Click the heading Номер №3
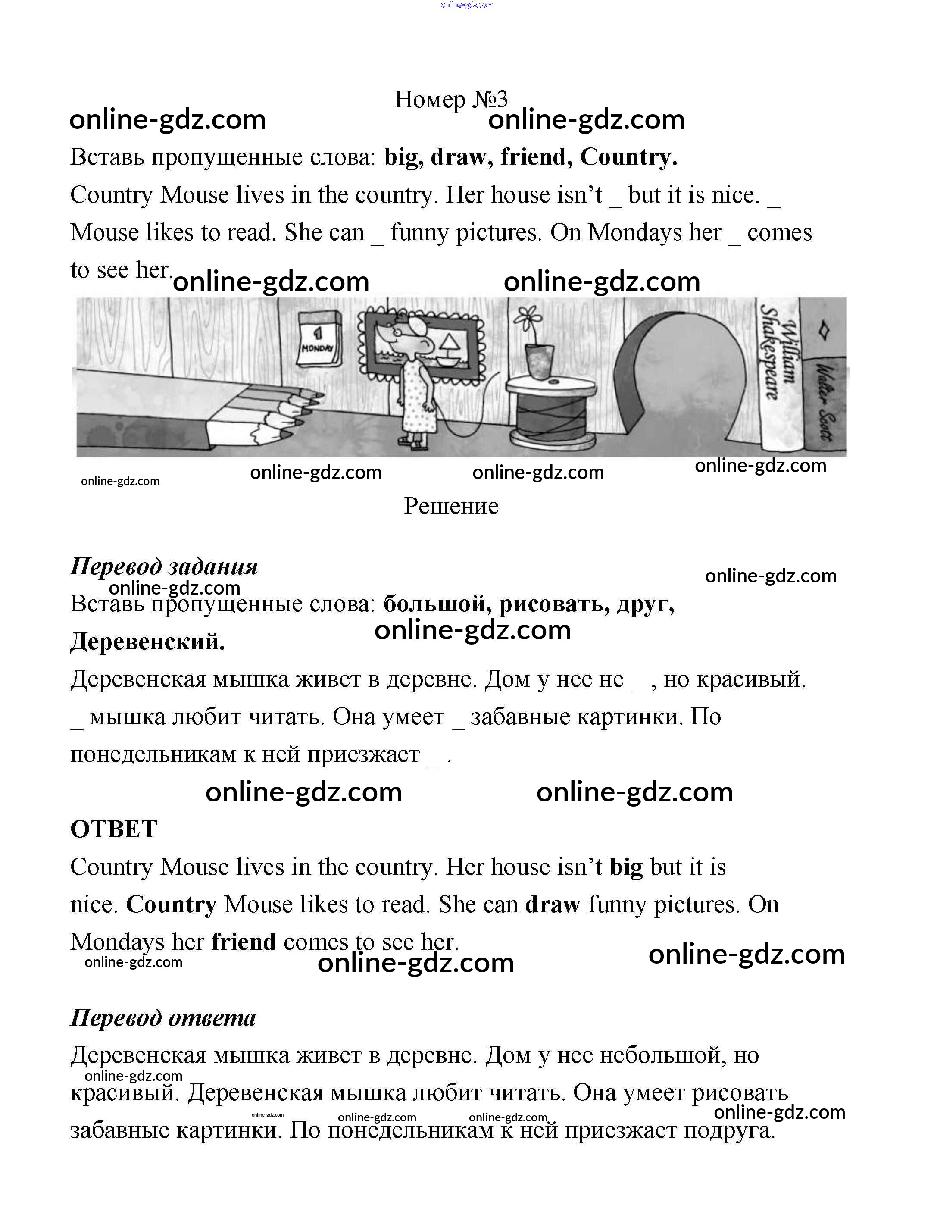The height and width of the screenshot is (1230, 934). pos(451,100)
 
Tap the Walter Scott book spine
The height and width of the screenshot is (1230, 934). pos(825,401)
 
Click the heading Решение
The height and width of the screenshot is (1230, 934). pos(451,506)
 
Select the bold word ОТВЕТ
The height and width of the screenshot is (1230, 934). pos(114,829)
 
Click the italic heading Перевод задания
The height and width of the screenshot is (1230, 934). pos(164,566)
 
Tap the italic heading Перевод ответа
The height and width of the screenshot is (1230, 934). pos(163,1017)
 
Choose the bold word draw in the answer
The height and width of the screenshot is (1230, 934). pos(553,905)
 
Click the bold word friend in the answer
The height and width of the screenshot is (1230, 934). pos(244,942)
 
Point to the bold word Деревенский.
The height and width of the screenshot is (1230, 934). pos(147,642)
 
